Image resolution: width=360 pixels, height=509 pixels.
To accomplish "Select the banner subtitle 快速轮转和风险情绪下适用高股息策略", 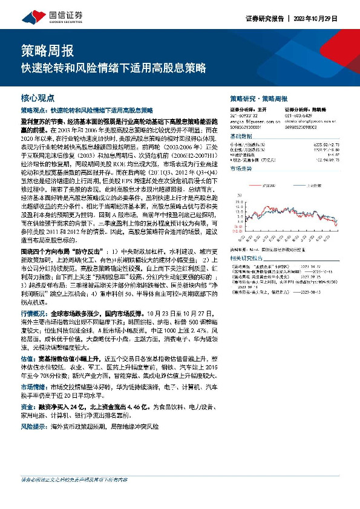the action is click(113, 67).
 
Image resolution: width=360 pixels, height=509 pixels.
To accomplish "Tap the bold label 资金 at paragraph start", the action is click(26, 407).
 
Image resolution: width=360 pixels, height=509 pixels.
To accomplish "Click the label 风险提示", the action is click(33, 426).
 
